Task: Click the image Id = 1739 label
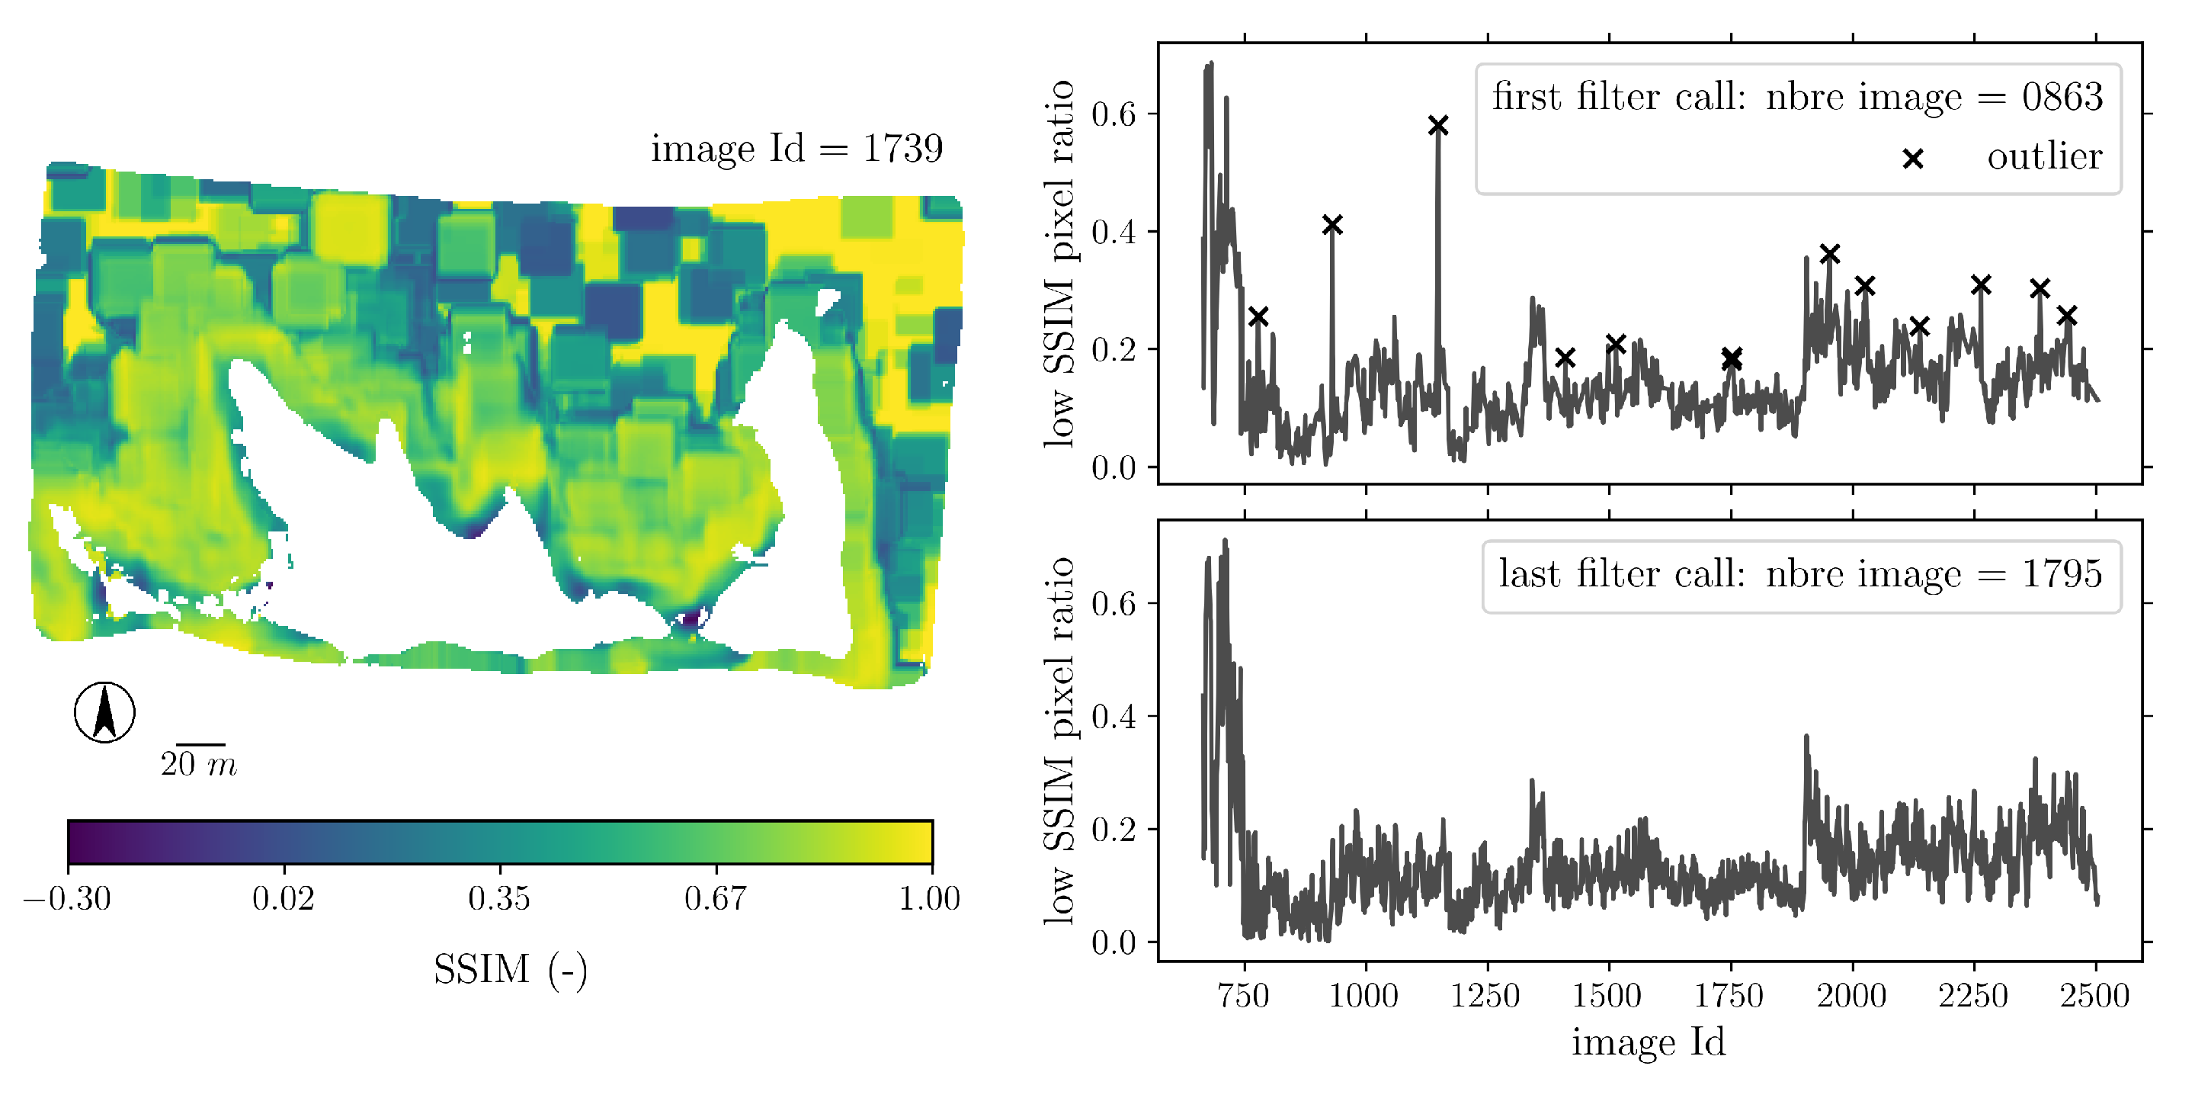click(796, 149)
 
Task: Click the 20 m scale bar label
click(197, 765)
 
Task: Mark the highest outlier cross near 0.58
click(1438, 126)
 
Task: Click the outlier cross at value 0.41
click(1333, 225)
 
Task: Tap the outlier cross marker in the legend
click(1913, 159)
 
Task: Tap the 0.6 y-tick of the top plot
click(1114, 114)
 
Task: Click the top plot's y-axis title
click(1059, 265)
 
